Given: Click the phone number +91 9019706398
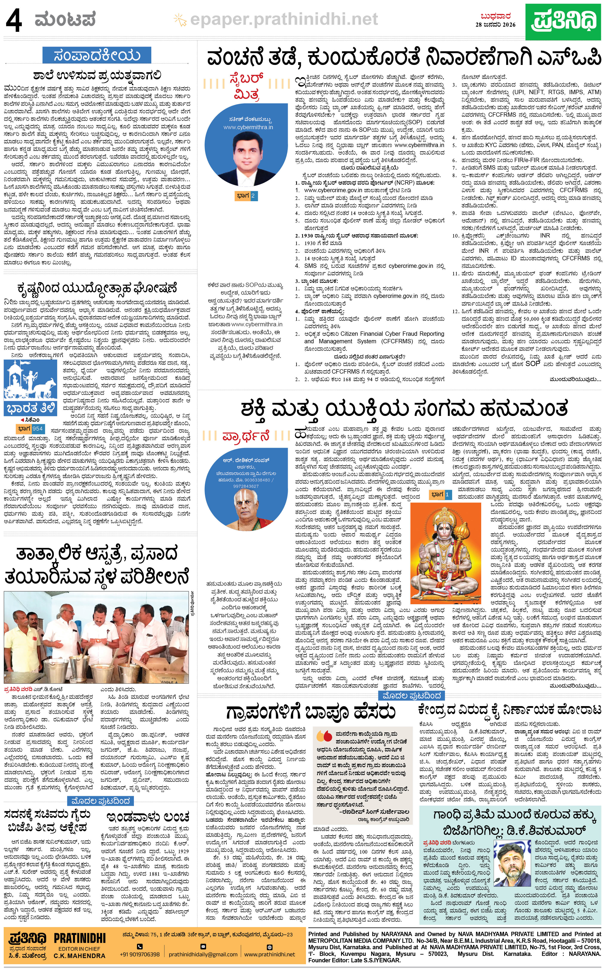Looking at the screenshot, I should [140, 954].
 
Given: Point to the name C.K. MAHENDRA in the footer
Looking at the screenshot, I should [80, 956].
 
